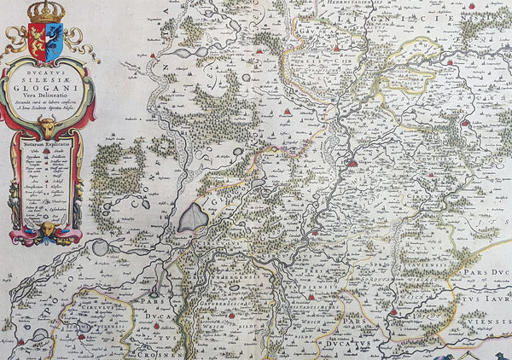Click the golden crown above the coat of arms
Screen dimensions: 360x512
point(46,12)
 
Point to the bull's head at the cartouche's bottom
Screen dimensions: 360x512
point(48,230)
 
